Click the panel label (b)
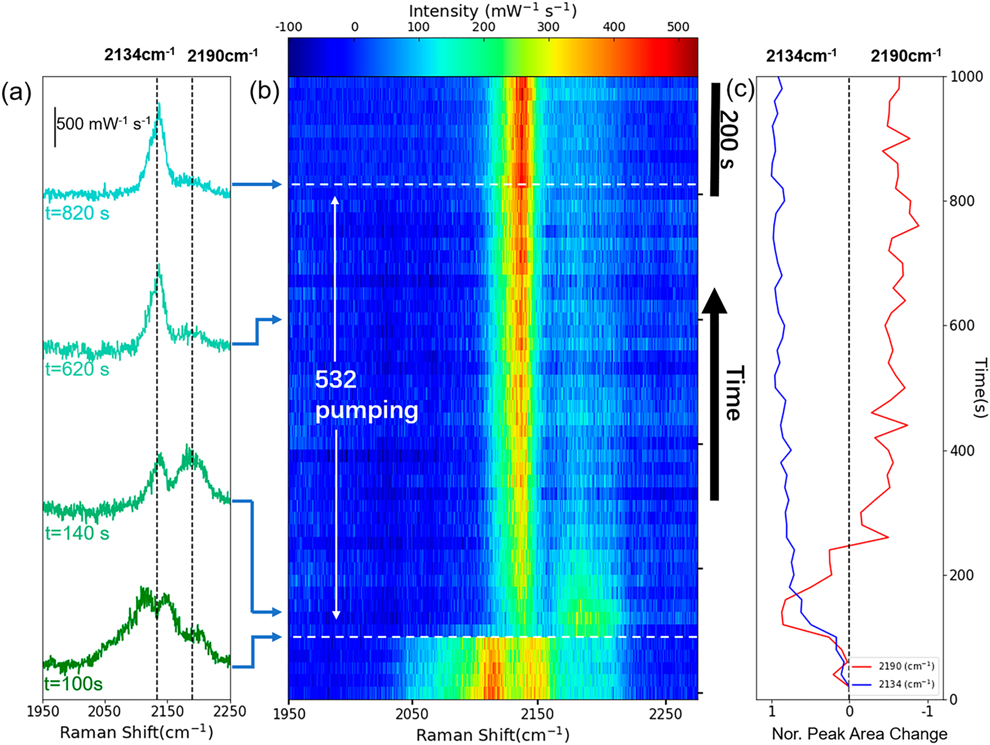click(x=264, y=92)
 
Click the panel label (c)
click(x=740, y=89)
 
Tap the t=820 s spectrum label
click(x=77, y=213)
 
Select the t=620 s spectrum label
click(x=77, y=369)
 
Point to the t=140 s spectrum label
click(x=77, y=533)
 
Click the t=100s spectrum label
click(x=74, y=684)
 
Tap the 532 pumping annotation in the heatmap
click(x=366, y=395)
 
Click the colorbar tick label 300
click(x=548, y=27)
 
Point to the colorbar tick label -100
click(x=289, y=27)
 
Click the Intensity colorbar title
click(x=492, y=10)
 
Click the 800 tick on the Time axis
click(x=960, y=201)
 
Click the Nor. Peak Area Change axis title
click(x=859, y=734)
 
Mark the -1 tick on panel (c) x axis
click(x=927, y=712)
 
